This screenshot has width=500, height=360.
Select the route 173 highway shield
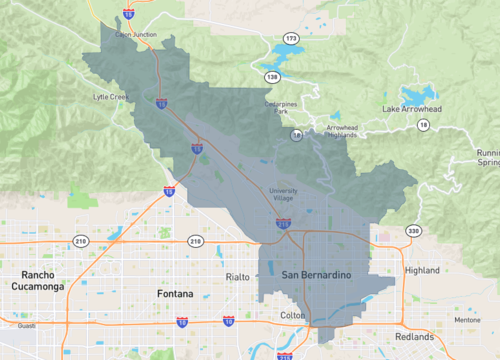click(x=291, y=38)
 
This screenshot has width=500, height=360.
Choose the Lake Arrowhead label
click(x=412, y=107)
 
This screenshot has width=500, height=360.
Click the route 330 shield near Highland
click(x=413, y=231)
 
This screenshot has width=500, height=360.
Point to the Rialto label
click(x=238, y=276)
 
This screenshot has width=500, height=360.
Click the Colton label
click(x=292, y=316)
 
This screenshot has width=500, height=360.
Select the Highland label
click(x=421, y=270)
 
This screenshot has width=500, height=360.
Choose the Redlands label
click(x=415, y=336)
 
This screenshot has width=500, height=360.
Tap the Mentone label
click(x=467, y=321)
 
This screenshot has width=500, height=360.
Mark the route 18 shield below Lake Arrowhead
click(x=423, y=124)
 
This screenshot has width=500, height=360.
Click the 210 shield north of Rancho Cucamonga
click(x=81, y=241)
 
